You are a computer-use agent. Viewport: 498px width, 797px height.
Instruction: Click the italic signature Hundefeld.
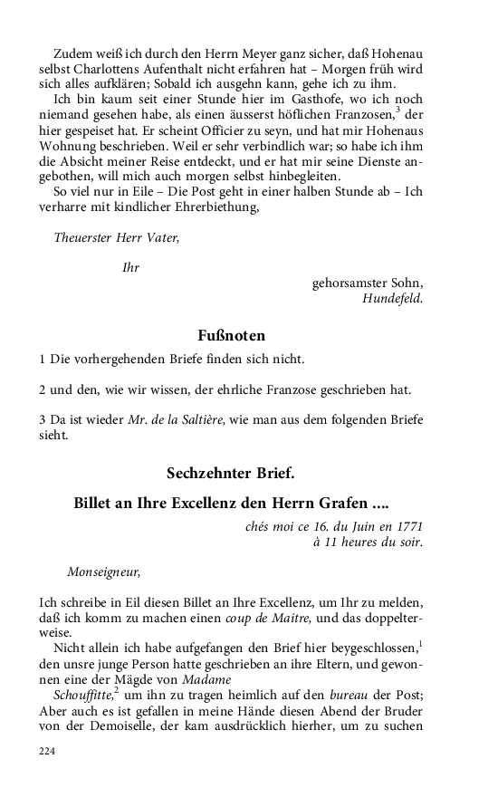(392, 297)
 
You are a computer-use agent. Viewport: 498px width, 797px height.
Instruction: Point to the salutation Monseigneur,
(104, 571)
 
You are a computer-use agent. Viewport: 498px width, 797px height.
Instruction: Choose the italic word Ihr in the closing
(130, 268)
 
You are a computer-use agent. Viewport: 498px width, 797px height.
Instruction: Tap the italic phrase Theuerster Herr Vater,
(117, 238)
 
